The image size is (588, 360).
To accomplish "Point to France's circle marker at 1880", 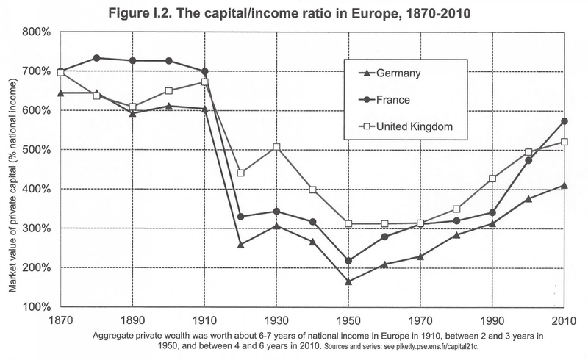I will [97, 58].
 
